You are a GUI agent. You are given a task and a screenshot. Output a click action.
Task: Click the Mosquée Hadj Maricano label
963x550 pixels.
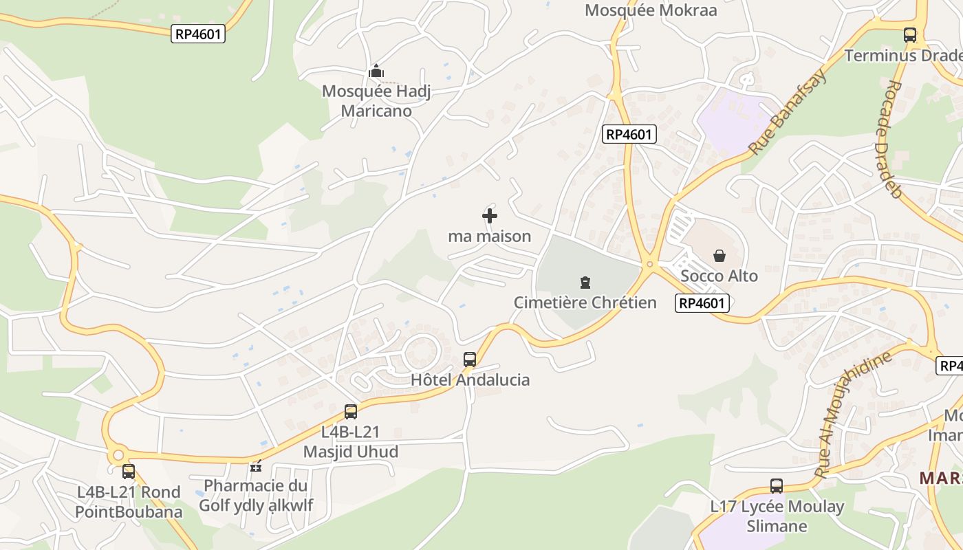coord(376,101)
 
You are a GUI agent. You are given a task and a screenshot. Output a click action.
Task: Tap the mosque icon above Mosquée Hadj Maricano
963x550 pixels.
coord(376,71)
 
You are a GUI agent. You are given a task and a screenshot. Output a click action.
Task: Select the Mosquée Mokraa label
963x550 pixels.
coord(651,10)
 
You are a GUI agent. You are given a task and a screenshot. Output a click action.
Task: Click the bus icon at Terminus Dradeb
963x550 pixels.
coord(910,34)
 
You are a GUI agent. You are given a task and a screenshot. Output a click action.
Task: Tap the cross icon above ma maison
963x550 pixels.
coord(490,217)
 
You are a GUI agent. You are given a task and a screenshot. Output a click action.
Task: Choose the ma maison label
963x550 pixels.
coord(490,236)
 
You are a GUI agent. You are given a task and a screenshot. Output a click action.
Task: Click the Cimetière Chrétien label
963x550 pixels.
coord(585,302)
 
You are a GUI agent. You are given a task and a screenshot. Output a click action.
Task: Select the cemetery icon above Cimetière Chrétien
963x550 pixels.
coord(585,282)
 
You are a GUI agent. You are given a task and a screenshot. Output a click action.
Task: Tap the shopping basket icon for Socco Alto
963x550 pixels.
coord(719,256)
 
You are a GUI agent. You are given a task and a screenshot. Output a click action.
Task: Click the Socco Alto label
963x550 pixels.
coord(719,276)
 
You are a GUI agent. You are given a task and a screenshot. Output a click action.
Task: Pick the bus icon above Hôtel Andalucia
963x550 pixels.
coord(470,359)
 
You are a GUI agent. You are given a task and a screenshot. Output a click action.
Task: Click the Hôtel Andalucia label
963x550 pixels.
coord(470,379)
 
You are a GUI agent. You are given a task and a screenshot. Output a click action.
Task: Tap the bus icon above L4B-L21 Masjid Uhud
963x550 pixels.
coord(351,412)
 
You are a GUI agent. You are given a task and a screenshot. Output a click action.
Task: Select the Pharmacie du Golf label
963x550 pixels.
coord(255,495)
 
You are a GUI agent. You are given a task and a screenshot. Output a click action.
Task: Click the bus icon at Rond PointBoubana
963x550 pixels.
coord(129,472)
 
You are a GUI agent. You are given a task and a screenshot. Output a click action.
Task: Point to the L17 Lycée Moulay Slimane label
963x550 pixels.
coord(777,516)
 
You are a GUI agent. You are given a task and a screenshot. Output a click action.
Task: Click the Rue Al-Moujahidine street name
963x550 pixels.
coord(852,414)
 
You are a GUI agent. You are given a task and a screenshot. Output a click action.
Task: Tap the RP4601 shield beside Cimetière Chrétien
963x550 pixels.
coord(702,303)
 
